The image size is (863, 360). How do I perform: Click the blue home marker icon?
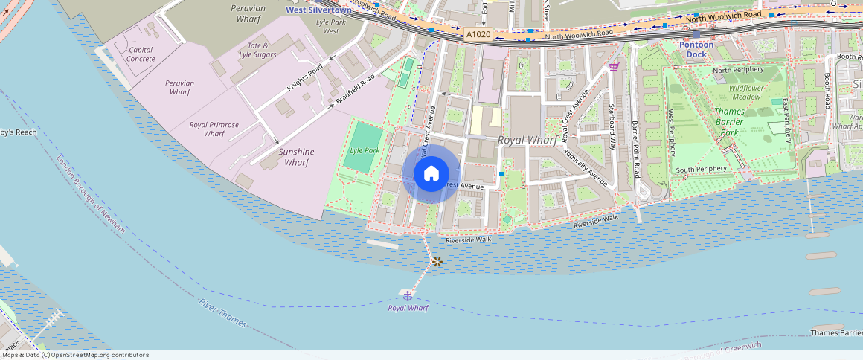(431, 174)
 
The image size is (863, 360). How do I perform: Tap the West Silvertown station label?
(318, 10)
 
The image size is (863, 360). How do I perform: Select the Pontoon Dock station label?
(696, 49)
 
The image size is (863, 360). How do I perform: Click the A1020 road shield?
(478, 34)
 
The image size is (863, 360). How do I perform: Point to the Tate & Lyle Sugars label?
(257, 50)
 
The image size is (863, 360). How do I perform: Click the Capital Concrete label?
(141, 54)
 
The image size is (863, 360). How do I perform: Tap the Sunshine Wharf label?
(296, 157)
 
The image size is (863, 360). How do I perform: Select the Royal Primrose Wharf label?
(214, 129)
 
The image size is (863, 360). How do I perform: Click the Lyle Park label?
(365, 150)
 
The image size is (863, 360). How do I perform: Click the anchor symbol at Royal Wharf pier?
(407, 296)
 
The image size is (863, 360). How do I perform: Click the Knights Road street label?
(304, 78)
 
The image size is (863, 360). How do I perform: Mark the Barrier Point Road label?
(635, 149)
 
